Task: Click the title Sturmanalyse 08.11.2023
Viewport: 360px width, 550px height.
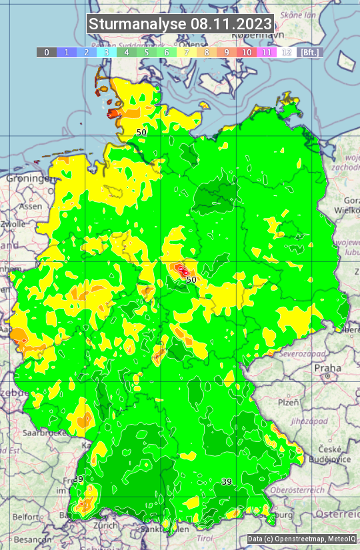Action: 180,24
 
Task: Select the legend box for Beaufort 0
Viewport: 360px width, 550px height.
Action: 46,52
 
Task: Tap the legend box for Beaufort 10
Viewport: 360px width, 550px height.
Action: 246,52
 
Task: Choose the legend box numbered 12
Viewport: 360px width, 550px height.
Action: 286,52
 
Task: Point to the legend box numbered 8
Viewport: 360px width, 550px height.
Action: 206,52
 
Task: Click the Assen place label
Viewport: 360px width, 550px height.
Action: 30,206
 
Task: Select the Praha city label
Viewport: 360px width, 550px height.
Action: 327,367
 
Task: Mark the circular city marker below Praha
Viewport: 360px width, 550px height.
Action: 328,377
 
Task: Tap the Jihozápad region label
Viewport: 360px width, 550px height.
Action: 307,421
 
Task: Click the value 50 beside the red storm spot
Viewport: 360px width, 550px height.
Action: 191,280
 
